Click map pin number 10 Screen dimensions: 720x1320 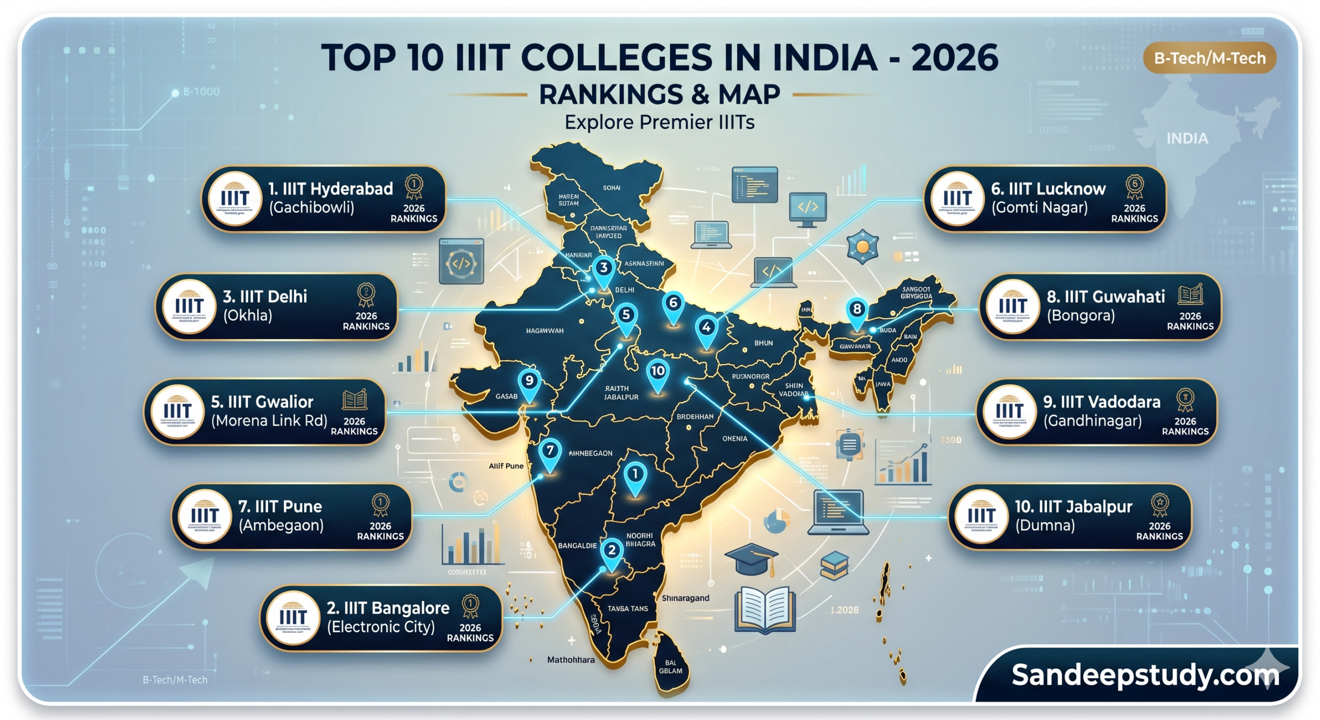click(657, 372)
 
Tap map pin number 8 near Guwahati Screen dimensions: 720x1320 click(856, 310)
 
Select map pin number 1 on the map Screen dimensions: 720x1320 click(635, 474)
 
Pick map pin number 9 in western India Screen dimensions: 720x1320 click(529, 382)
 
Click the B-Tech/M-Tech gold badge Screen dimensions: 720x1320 click(1209, 58)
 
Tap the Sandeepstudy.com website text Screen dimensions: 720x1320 click(1145, 675)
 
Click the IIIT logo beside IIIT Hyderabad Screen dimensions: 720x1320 click(235, 199)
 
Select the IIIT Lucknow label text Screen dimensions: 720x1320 click(1048, 189)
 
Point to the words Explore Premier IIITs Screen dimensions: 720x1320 click(659, 123)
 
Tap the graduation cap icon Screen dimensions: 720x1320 click(751, 559)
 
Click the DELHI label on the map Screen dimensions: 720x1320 click(624, 290)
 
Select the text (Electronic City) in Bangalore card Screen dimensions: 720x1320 click(381, 627)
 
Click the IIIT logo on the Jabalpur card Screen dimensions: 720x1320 click(981, 516)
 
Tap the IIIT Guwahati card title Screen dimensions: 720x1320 click(1105, 297)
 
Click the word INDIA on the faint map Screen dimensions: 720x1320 click(1187, 139)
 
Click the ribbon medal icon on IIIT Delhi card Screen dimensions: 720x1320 click(366, 296)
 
